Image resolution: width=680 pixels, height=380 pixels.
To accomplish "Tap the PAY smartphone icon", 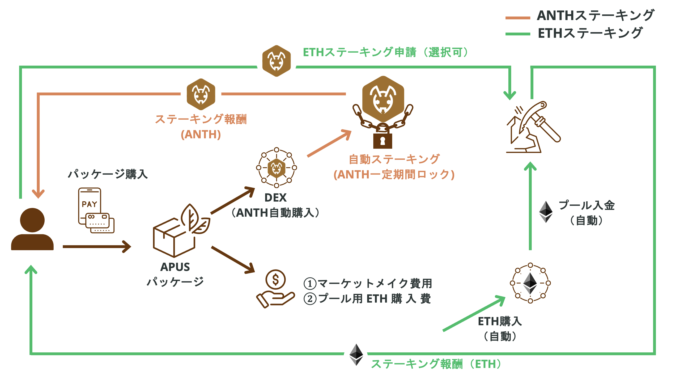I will [x=90, y=206].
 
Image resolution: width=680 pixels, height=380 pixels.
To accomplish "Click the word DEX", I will [x=275, y=198].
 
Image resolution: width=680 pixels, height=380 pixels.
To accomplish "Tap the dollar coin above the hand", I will [x=275, y=279].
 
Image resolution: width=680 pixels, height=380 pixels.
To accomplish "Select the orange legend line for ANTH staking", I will [x=518, y=18].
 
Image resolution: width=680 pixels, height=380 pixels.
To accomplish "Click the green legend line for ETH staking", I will [x=518, y=34].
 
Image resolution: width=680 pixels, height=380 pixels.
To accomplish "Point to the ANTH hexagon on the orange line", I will [x=201, y=94].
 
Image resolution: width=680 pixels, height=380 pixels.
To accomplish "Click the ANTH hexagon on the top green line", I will [x=276, y=61].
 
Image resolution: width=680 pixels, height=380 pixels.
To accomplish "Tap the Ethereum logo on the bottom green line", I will [x=356, y=355].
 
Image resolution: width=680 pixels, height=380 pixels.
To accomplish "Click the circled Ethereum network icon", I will [x=530, y=283].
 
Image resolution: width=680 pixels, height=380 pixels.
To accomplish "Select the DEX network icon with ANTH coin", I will [x=276, y=168].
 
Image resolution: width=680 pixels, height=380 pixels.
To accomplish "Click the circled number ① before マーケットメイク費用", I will [x=310, y=284].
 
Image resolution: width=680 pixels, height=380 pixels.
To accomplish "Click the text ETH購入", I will [x=500, y=321].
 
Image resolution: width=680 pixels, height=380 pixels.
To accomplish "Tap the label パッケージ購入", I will [x=108, y=174].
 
